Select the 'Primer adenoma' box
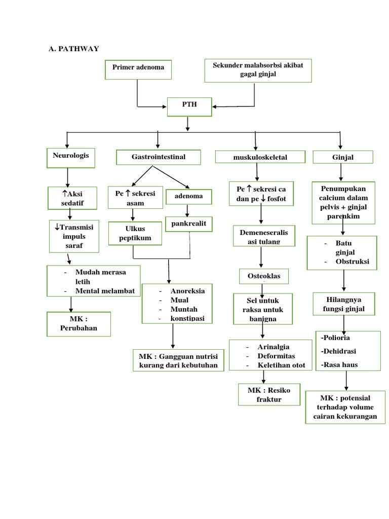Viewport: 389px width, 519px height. pyautogui.click(x=138, y=69)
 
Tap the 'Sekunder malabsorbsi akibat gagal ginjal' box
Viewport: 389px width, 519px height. pyautogui.click(x=258, y=70)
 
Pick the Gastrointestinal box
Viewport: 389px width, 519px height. pyautogui.click(x=159, y=157)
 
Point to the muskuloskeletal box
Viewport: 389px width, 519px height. pyautogui.click(x=260, y=157)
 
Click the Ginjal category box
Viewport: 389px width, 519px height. pyautogui.click(x=343, y=158)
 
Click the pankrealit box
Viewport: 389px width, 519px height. pyautogui.click(x=187, y=223)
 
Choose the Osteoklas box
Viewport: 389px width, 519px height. pyautogui.click(x=263, y=276)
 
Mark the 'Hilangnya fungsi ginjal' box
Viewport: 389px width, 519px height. pyautogui.click(x=343, y=304)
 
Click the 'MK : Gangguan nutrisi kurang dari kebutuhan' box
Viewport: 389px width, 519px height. pyautogui.click(x=178, y=360)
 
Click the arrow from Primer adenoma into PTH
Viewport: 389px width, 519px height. pyautogui.click(x=152, y=106)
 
